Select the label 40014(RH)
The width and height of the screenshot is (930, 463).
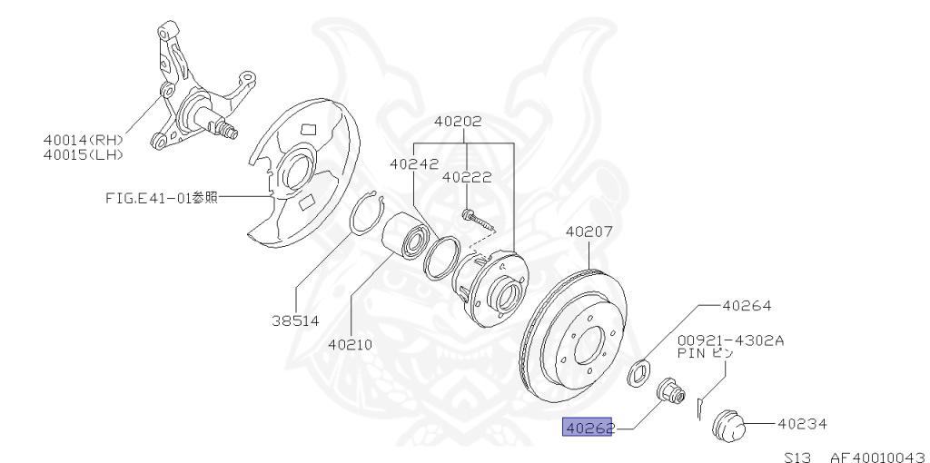[82, 140]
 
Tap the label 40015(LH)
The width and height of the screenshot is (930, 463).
[82, 154]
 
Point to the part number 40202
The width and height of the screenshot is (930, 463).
[458, 121]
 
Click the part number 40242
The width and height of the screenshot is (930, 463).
[414, 164]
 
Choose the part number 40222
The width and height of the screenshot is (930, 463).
[467, 179]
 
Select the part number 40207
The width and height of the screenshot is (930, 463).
[589, 231]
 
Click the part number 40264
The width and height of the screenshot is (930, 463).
[747, 306]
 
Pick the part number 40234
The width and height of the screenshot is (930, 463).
[799, 423]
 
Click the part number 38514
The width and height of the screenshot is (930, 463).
[295, 320]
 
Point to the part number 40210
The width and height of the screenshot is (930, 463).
[351, 344]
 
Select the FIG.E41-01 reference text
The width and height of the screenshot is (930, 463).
[160, 197]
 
